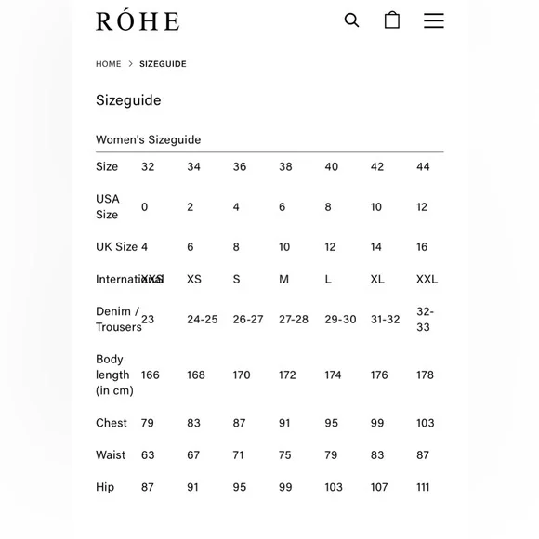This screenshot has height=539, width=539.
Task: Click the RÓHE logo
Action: click(x=138, y=20)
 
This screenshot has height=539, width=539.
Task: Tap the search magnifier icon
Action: click(x=351, y=20)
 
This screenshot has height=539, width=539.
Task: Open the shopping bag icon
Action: click(x=392, y=20)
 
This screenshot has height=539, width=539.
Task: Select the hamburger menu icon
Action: click(x=434, y=20)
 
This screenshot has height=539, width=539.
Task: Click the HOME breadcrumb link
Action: click(x=108, y=64)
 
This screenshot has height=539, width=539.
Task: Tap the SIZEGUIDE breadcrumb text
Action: click(x=163, y=64)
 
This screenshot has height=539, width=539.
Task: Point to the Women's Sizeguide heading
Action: click(x=148, y=139)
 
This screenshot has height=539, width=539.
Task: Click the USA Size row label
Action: click(x=107, y=206)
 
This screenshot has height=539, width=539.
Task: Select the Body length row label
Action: click(x=113, y=375)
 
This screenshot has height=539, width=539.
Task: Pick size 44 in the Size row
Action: click(x=423, y=166)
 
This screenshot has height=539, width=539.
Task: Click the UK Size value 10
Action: click(x=284, y=247)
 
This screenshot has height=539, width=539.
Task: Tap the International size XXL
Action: click(x=427, y=279)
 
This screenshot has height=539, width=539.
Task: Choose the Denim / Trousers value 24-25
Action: click(x=202, y=319)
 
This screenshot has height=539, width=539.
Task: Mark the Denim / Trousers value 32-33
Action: click(x=425, y=319)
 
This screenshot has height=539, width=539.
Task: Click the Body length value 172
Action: click(x=287, y=375)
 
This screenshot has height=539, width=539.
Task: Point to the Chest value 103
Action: click(x=425, y=423)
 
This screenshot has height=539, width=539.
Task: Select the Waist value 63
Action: click(x=148, y=454)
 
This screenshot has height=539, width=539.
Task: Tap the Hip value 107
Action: click(x=379, y=487)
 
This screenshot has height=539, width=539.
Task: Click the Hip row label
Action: click(x=105, y=487)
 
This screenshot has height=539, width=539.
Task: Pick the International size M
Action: click(x=283, y=279)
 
